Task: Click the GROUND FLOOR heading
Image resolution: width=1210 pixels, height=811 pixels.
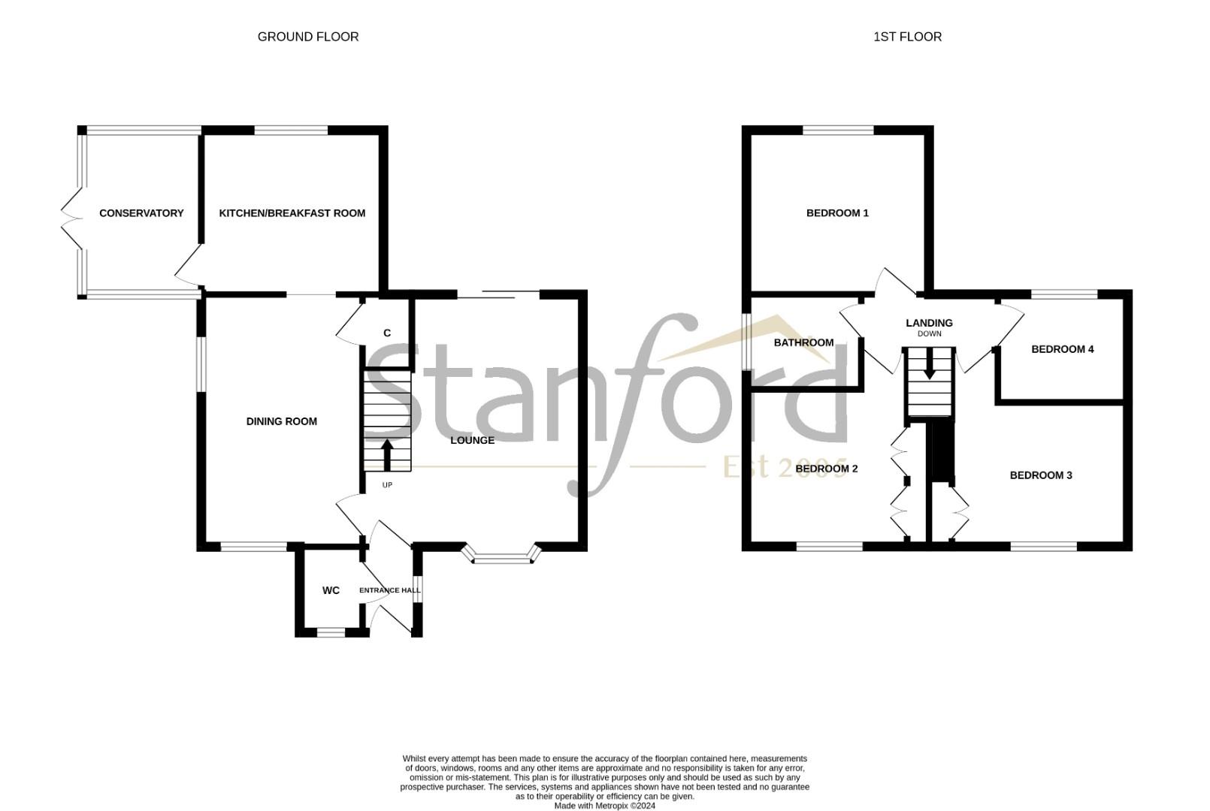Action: (308, 37)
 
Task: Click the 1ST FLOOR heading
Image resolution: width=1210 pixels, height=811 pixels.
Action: (907, 37)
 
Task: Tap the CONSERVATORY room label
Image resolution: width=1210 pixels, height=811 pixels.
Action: (141, 213)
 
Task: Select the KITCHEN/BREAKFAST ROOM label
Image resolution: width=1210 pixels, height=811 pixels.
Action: (292, 213)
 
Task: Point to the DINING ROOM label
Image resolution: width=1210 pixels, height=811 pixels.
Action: (282, 422)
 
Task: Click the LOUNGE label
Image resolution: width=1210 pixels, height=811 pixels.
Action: (472, 440)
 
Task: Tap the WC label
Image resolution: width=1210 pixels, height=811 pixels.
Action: (331, 591)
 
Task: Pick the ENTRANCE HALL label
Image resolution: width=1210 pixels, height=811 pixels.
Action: (389, 590)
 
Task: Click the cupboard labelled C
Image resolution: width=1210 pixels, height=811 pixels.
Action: (387, 333)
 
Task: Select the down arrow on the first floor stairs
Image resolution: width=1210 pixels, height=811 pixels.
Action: (930, 366)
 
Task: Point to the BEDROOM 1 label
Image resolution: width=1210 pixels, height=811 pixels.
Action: (837, 213)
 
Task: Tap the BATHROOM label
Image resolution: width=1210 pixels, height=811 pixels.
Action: (803, 343)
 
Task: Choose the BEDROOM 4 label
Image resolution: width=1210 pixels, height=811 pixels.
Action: (1062, 349)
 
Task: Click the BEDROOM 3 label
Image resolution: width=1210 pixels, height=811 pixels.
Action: (1040, 475)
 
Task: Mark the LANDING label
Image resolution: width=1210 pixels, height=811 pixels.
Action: (929, 323)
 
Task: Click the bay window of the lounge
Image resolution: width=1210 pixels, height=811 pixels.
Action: (502, 557)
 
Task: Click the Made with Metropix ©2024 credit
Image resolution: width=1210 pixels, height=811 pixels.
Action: (605, 806)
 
